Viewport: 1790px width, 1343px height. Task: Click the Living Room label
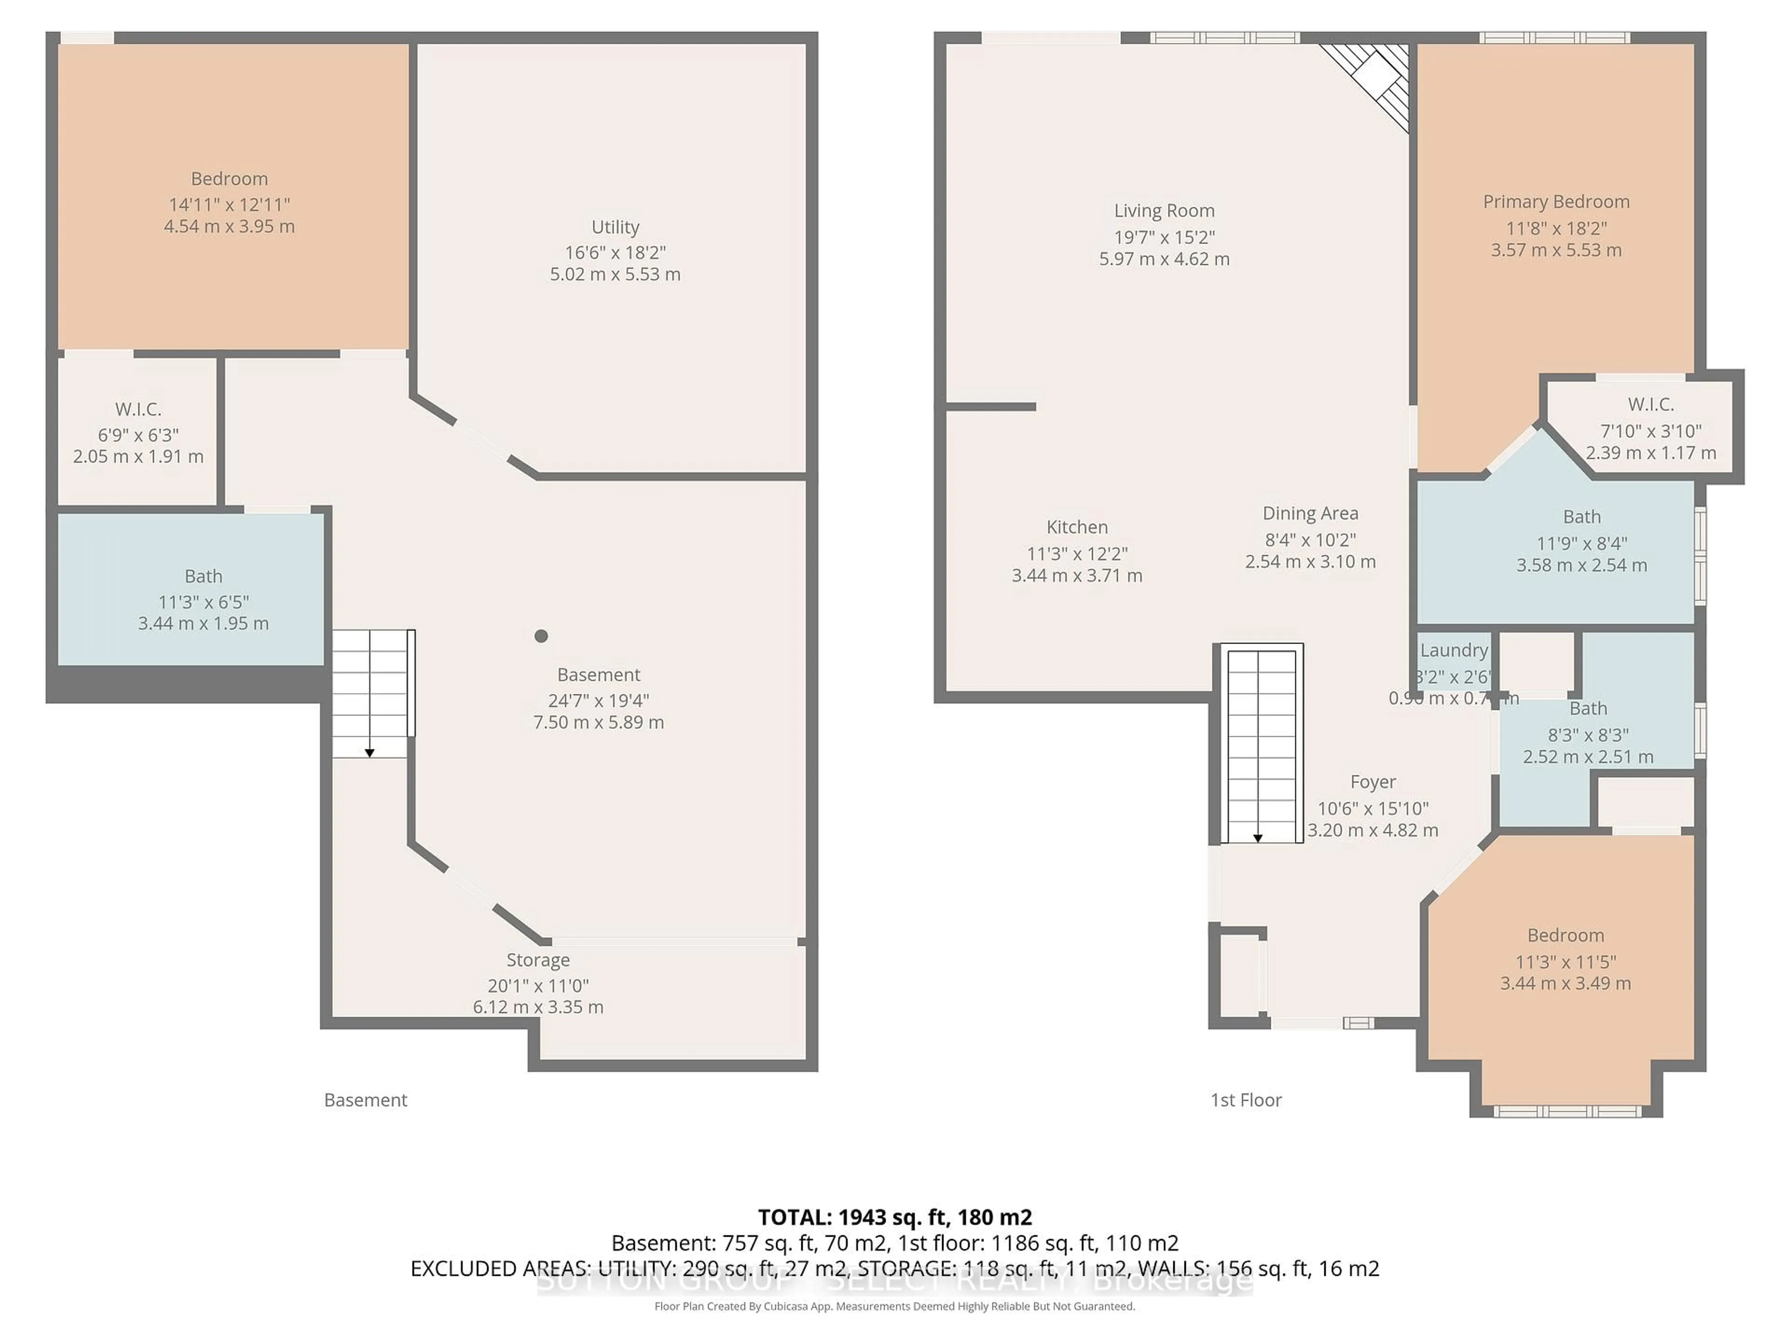pos(1163,210)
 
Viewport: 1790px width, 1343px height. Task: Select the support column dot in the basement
pos(541,636)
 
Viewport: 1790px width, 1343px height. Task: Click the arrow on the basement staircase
pos(370,753)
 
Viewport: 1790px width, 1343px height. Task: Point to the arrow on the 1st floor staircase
pos(1258,838)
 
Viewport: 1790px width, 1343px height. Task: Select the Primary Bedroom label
pos(1556,201)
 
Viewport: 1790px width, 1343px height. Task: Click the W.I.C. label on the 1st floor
pos(1650,404)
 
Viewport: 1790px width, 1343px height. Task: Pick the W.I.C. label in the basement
pos(138,409)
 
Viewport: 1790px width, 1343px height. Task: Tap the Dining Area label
pos(1310,513)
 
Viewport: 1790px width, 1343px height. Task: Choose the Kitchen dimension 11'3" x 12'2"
pos(1077,554)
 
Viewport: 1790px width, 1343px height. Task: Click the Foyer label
pos(1372,782)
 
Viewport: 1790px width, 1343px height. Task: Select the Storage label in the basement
pos(538,960)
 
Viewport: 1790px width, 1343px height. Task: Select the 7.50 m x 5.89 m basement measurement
pos(598,722)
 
